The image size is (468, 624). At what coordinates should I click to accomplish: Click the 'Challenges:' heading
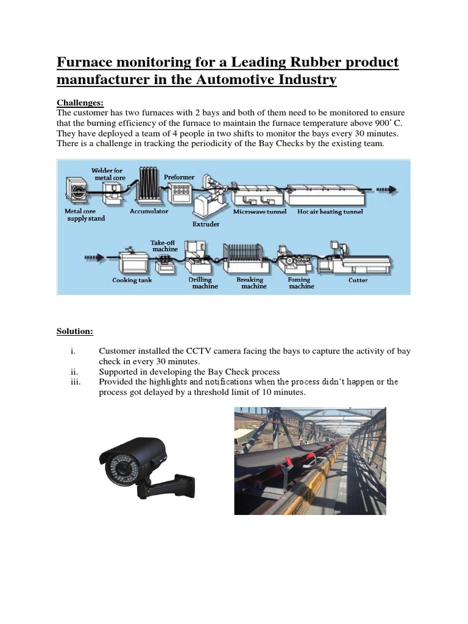pyautogui.click(x=80, y=102)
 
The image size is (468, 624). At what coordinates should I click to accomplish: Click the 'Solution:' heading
pyautogui.click(x=75, y=331)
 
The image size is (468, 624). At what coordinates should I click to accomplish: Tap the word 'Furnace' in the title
pyautogui.click(x=85, y=62)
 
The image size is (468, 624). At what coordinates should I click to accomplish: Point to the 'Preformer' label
pyautogui.click(x=179, y=177)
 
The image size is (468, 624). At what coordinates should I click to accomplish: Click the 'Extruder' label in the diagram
pyautogui.click(x=206, y=224)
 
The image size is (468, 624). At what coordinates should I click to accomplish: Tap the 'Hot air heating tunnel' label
pyautogui.click(x=330, y=212)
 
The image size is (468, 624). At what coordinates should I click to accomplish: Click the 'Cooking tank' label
pyautogui.click(x=132, y=281)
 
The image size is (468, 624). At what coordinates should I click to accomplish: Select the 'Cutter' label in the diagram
pyautogui.click(x=358, y=281)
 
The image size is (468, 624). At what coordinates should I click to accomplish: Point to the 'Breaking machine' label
pyautogui.click(x=250, y=283)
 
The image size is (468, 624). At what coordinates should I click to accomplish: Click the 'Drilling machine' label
pyautogui.click(x=200, y=283)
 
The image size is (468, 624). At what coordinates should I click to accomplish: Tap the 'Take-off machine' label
pyautogui.click(x=164, y=246)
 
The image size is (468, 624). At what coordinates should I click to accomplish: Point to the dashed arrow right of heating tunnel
pyautogui.click(x=388, y=190)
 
